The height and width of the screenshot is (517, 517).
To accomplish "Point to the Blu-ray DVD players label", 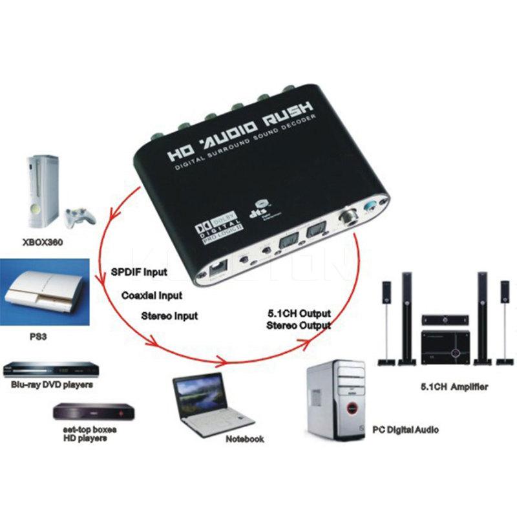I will [52, 385].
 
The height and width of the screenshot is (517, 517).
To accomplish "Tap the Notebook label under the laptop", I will [244, 439].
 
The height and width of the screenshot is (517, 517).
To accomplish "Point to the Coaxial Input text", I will [152, 295].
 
